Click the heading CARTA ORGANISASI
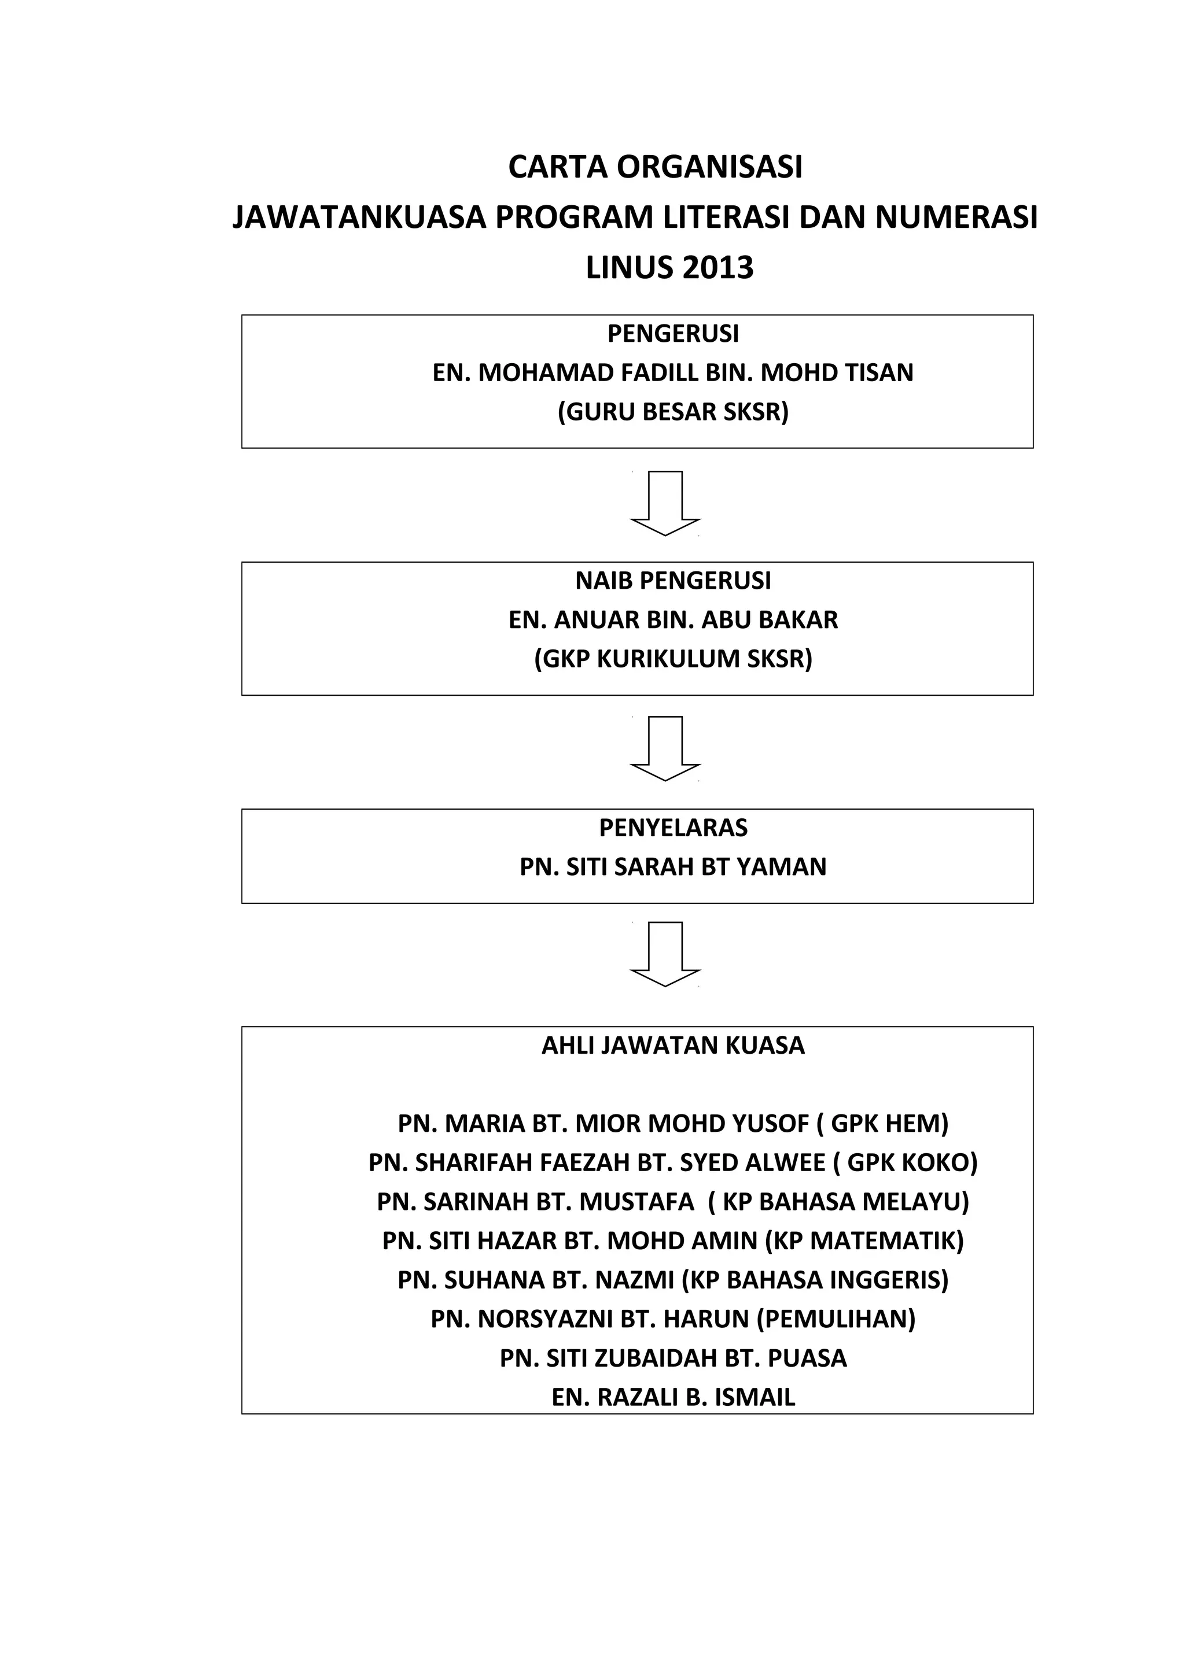pos(655,167)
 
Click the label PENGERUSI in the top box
pos(672,334)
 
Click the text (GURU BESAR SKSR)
pos(672,412)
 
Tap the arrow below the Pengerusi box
pos(665,504)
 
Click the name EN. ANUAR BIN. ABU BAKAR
pos(672,620)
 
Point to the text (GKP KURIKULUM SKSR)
pos(672,659)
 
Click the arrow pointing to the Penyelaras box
pos(665,749)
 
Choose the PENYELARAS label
pos(672,828)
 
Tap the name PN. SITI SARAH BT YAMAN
pos(672,867)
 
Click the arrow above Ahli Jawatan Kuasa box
pos(665,955)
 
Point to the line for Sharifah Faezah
pos(672,1163)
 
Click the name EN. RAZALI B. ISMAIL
pos(672,1397)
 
